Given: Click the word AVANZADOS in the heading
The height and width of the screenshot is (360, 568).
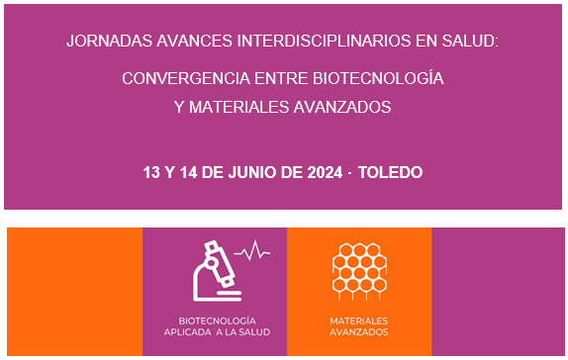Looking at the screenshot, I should click(x=345, y=106).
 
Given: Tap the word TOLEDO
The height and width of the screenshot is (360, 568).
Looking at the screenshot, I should click(x=391, y=172).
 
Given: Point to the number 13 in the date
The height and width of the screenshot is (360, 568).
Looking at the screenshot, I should click(x=151, y=172).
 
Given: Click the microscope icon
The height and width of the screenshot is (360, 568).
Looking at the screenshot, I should click(x=217, y=270).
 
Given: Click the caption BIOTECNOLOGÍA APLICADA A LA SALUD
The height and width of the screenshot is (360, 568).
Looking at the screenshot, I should click(x=216, y=325).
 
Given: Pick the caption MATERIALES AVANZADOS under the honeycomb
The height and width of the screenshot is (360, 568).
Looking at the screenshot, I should click(x=359, y=325).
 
